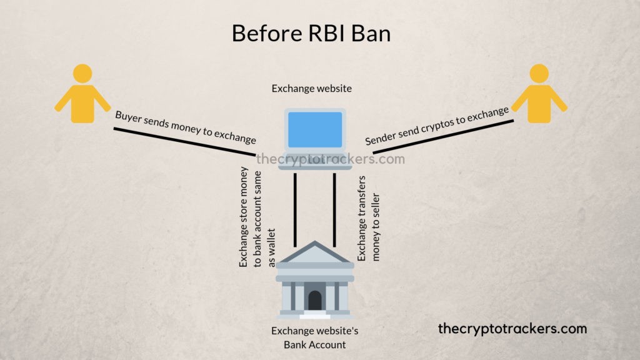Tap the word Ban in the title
click(371, 33)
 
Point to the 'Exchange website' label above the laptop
click(311, 89)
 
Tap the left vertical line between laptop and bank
click(295, 209)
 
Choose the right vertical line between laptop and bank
click(335, 209)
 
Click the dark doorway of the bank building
click(315, 301)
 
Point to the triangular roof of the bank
click(315, 252)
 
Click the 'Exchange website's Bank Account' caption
click(314, 337)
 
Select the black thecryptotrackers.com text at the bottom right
click(512, 328)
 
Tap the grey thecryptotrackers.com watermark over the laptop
click(331, 159)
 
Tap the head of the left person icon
click(82, 74)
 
